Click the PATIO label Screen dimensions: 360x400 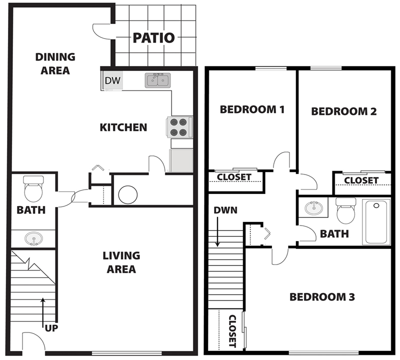coord(154,37)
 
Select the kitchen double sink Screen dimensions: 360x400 coord(158,80)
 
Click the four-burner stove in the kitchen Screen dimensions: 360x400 coord(179,127)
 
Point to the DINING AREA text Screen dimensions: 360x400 coord(55,63)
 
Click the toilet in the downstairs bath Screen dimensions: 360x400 coord(34,188)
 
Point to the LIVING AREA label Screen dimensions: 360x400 coord(121,262)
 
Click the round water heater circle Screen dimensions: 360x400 coord(127,194)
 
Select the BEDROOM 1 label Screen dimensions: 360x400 coord(252,109)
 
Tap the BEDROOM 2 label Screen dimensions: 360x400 coord(343,111)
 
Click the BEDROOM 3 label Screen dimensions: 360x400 coord(322,297)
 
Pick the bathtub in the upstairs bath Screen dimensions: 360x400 coord(376,221)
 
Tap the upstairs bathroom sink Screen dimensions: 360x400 coord(313,206)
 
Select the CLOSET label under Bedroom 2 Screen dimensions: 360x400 coord(361,180)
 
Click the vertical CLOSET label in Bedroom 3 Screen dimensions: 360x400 coord(232,330)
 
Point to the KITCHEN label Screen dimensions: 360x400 coord(123,127)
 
